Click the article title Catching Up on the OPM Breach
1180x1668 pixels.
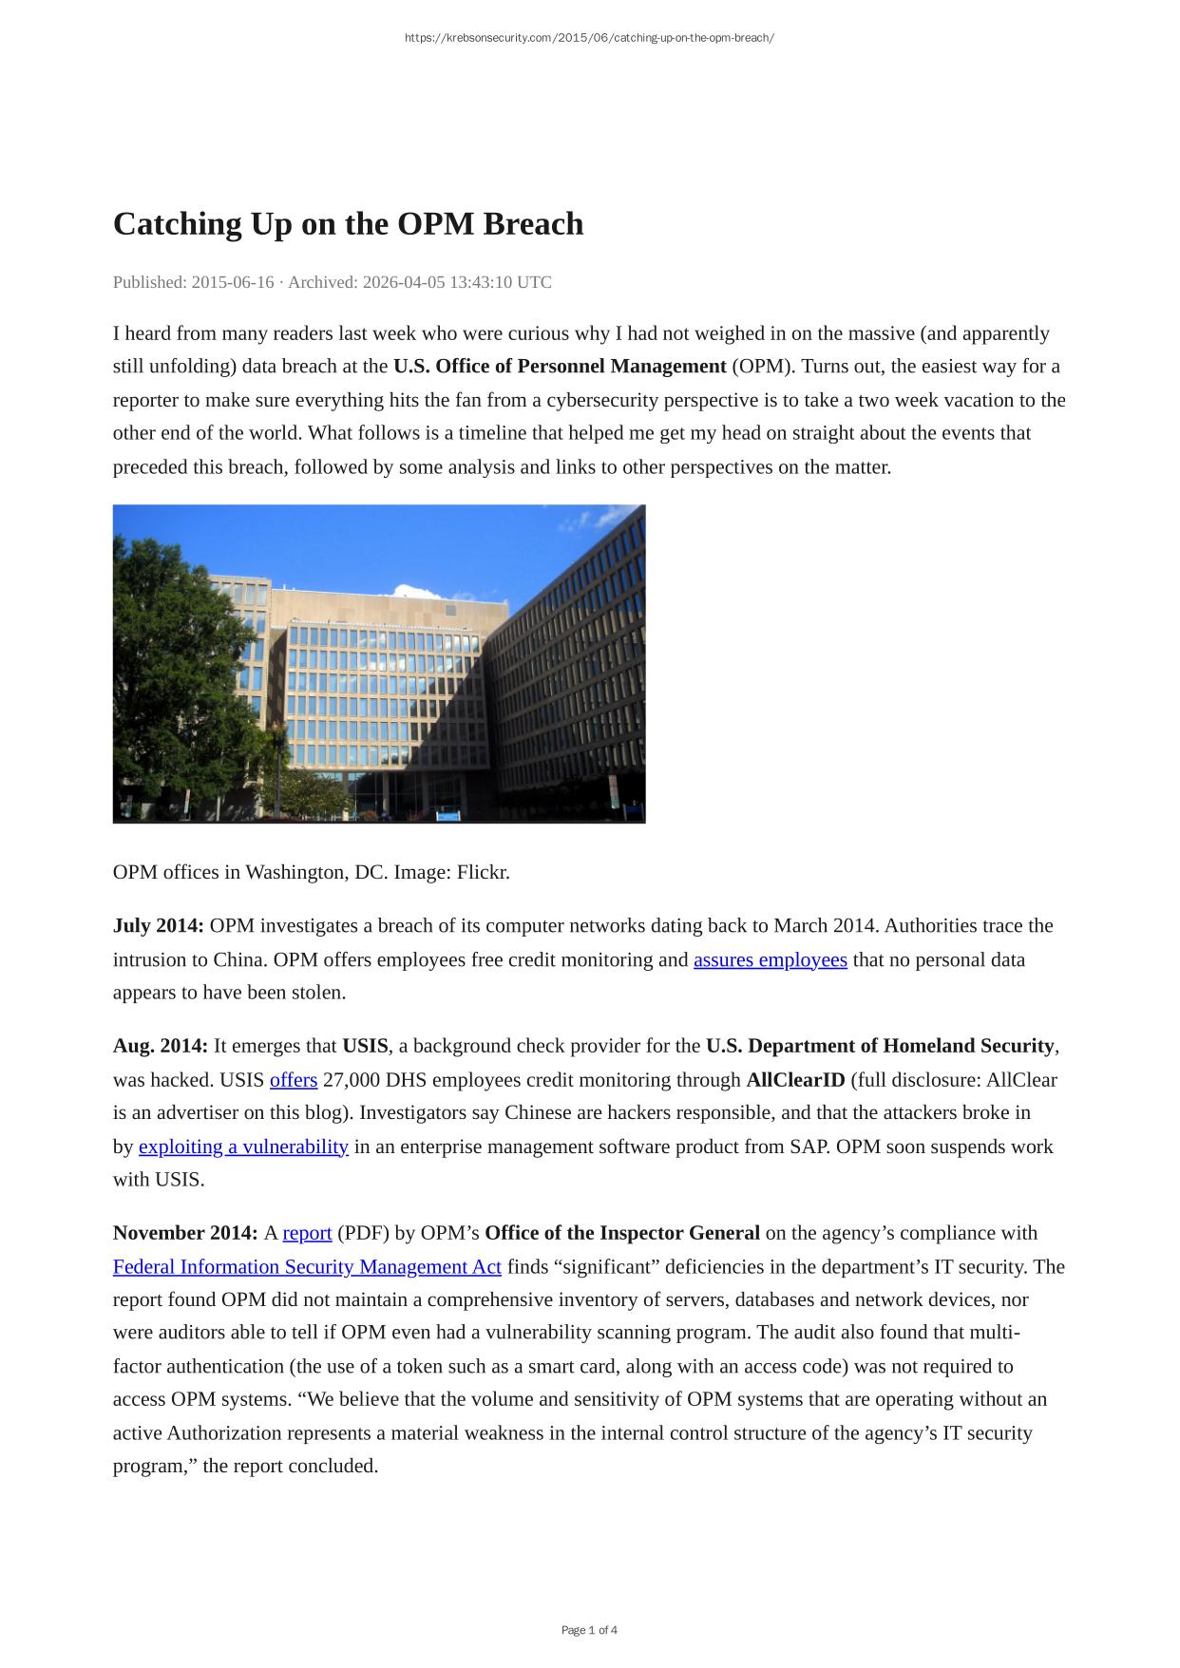point(348,224)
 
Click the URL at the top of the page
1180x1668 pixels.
point(589,38)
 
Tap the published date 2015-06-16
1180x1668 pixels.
point(232,282)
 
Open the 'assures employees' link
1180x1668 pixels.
point(770,959)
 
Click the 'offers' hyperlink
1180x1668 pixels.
point(294,1080)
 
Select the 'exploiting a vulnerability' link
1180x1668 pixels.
point(243,1147)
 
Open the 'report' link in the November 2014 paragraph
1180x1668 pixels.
point(307,1233)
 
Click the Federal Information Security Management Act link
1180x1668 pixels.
point(307,1267)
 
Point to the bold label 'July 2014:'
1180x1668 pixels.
point(159,925)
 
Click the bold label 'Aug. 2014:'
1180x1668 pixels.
point(161,1046)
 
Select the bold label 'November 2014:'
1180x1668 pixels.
point(185,1233)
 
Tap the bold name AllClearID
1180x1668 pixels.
point(795,1080)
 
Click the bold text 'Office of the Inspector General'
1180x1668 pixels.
point(622,1233)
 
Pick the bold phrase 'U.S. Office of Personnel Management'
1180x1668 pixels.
point(560,367)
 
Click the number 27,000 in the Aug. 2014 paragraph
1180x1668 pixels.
point(352,1080)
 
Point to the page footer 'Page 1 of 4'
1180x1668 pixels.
point(589,1630)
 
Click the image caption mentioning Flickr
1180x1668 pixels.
point(312,872)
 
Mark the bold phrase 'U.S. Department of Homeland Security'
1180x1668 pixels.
point(880,1046)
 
